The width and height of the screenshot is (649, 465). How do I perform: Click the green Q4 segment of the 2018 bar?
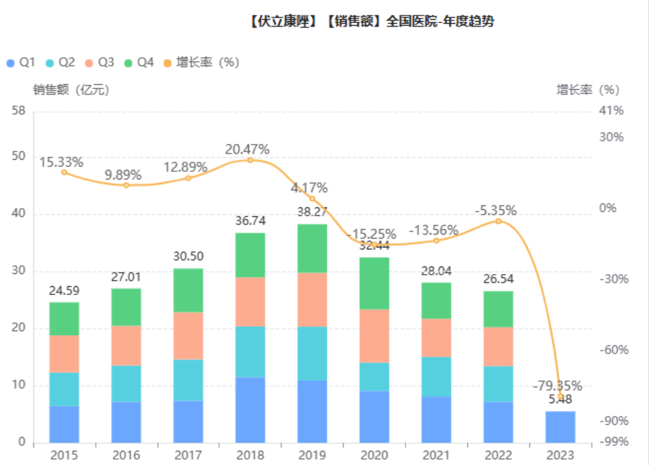(x=250, y=255)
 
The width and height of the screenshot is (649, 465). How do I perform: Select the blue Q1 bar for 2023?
(x=561, y=426)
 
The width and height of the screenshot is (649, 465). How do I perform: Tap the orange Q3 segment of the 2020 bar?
(x=373, y=336)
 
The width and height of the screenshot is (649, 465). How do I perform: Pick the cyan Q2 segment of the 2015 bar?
(x=64, y=389)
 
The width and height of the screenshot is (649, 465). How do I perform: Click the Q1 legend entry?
(x=20, y=63)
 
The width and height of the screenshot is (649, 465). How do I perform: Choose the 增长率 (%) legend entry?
(x=201, y=63)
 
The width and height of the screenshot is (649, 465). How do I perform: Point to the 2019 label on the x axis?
(x=312, y=455)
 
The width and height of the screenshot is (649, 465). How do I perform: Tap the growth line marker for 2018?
(x=250, y=160)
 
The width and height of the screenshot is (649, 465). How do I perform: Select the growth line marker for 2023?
(x=561, y=396)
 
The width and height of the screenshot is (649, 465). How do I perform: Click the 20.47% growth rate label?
(x=248, y=149)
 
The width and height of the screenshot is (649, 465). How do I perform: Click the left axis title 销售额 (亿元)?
(x=71, y=89)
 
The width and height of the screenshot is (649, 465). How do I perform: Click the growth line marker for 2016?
(x=126, y=185)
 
